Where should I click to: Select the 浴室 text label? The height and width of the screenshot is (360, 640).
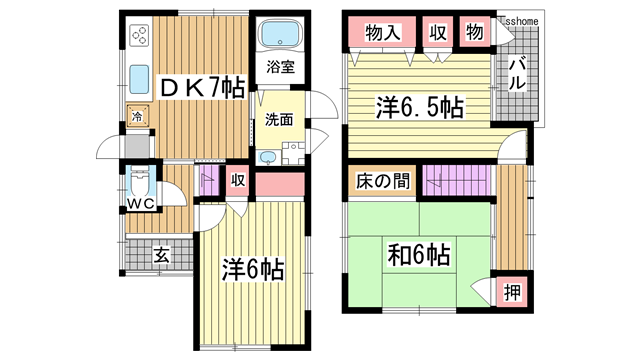click(x=280, y=68)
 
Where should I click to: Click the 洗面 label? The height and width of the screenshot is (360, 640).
click(x=279, y=120)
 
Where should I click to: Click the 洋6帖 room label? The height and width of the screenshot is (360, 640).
click(x=253, y=269)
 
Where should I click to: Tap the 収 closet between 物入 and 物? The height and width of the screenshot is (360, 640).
click(x=437, y=31)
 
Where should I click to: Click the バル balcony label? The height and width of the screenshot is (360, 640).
click(x=518, y=75)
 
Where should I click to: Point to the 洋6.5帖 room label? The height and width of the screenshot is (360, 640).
click(x=419, y=105)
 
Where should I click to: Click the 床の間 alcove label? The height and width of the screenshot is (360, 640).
click(x=382, y=182)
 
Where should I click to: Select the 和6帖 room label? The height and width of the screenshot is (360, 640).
click(x=418, y=256)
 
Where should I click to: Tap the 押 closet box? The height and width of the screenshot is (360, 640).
click(x=512, y=293)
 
